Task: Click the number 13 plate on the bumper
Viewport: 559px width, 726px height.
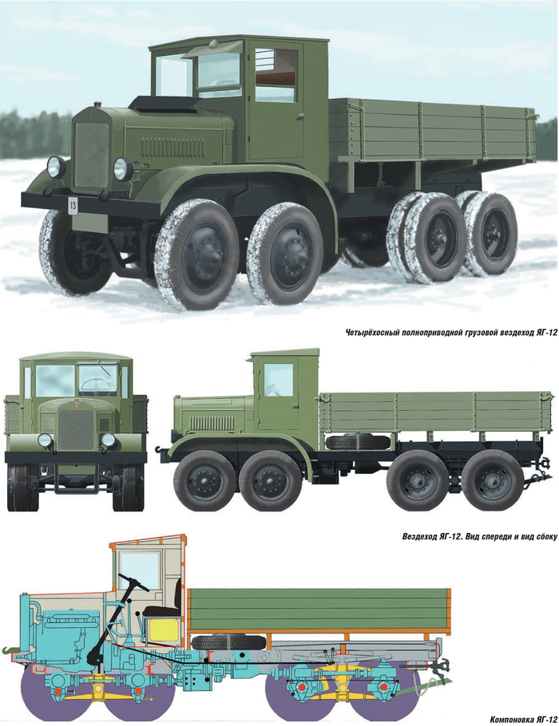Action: point(73,205)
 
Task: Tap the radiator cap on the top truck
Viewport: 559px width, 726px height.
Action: point(97,105)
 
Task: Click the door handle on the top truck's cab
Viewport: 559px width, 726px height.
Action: point(303,114)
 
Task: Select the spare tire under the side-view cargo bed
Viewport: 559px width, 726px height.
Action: point(358,442)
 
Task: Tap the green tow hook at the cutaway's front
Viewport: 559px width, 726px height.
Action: point(8,651)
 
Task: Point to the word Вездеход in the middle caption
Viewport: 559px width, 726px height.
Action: point(418,537)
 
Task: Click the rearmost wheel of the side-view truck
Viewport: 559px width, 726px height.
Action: point(492,480)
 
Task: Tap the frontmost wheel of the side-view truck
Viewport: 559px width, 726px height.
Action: point(205,480)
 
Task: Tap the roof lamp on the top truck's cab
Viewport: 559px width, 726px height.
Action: point(214,44)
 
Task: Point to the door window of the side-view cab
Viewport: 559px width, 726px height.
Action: point(279,380)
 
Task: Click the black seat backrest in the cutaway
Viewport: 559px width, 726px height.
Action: point(178,595)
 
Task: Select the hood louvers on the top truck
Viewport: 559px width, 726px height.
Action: point(173,148)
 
